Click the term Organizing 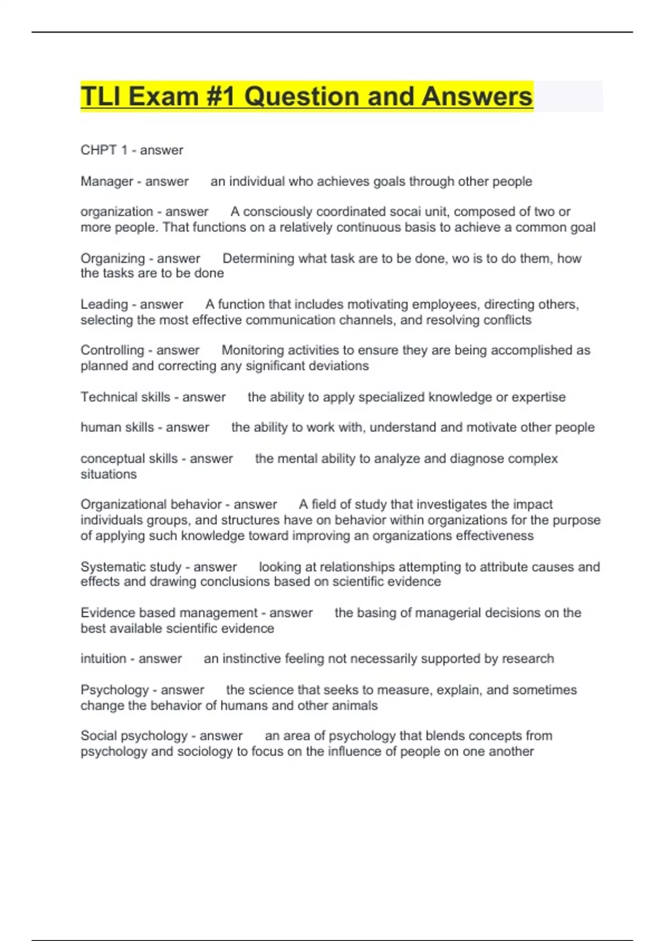(x=112, y=258)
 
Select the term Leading (x=104, y=304)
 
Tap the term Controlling (x=112, y=350)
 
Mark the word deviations (x=338, y=366)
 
